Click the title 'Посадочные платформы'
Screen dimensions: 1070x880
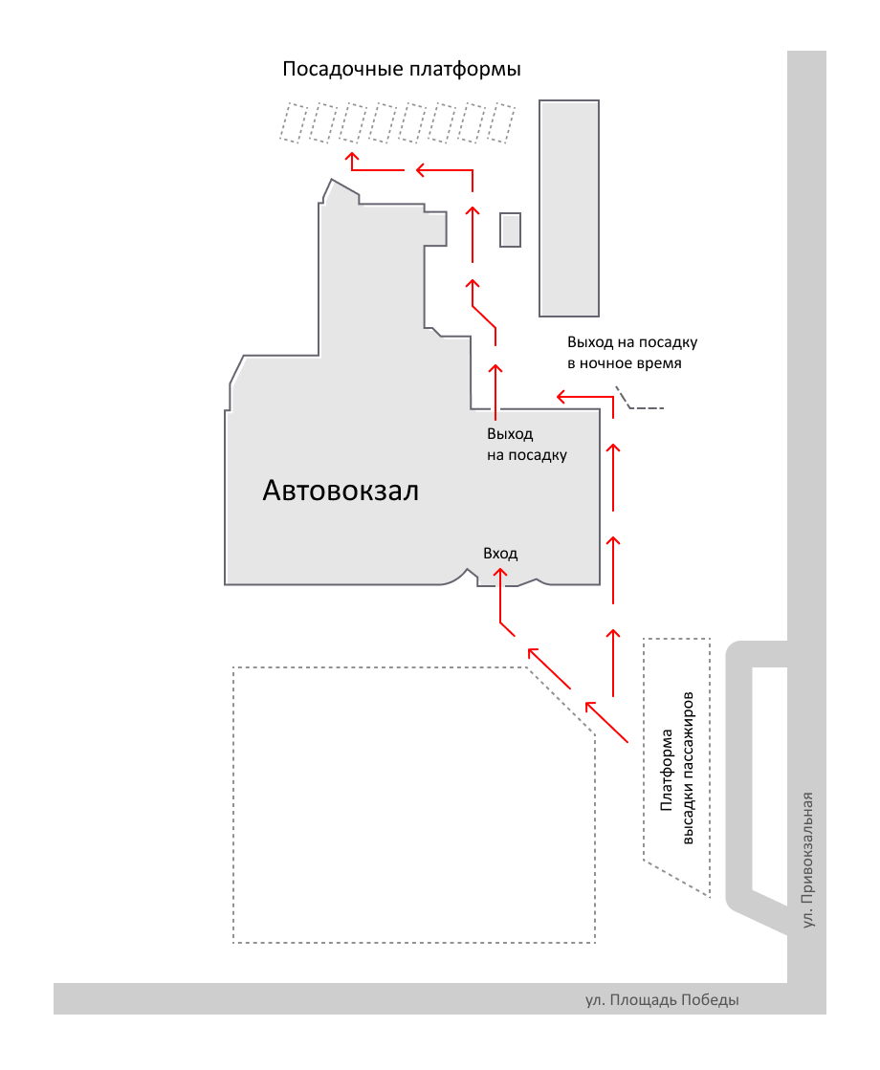[402, 71]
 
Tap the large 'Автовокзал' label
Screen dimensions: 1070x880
[341, 491]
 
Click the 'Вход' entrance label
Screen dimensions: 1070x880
[500, 554]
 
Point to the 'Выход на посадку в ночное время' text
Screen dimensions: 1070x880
[632, 353]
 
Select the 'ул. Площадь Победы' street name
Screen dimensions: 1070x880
[662, 1000]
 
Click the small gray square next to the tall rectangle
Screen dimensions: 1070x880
[511, 229]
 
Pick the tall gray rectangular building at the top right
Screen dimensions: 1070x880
[570, 207]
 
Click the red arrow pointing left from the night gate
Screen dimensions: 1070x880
[584, 395]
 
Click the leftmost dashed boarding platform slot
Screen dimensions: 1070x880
[291, 123]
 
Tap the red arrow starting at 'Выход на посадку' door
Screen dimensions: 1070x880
[495, 392]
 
